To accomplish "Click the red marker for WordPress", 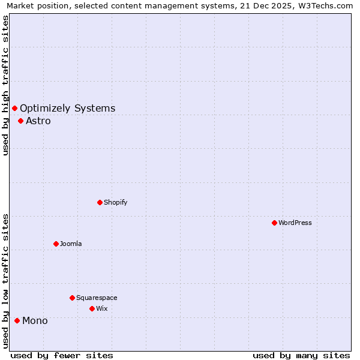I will [274, 223].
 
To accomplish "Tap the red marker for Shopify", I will [100, 202].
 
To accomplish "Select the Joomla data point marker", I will [56, 244].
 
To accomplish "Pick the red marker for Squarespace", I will [72, 298].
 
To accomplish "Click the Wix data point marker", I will [92, 308].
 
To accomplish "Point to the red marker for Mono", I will [17, 320].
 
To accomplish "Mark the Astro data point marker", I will [20, 121].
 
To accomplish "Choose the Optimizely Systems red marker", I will [14, 108].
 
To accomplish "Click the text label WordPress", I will [295, 223].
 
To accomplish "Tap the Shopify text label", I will [115, 202].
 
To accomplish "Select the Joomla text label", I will [71, 244].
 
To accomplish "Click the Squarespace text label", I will [97, 298].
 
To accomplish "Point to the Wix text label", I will [101, 308].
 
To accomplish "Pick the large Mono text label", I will [35, 320].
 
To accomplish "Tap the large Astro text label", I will [38, 121].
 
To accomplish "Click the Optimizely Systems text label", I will [68, 108].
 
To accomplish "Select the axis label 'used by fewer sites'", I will [62, 355].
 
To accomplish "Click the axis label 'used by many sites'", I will [301, 355].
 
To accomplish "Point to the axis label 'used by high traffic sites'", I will [5, 85].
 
